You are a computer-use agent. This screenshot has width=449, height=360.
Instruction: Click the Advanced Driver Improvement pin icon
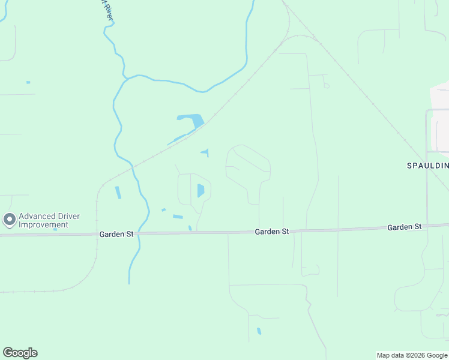point(9,220)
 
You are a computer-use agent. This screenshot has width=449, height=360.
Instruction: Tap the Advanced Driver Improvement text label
point(49,220)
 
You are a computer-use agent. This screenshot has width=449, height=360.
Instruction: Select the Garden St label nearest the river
point(117,234)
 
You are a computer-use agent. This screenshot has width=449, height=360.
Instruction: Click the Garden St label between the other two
point(272,231)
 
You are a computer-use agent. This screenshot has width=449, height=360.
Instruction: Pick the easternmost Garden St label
point(405,227)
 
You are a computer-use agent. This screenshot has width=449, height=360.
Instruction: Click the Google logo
point(20,353)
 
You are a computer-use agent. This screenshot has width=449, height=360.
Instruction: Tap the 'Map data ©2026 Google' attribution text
point(412,355)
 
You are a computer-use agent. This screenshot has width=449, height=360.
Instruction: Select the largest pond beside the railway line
point(193,120)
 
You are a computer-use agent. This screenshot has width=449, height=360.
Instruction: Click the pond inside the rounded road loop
point(200,191)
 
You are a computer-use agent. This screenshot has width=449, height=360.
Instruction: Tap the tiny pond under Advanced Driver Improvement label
point(55,229)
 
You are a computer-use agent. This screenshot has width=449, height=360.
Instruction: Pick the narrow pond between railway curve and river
point(118,192)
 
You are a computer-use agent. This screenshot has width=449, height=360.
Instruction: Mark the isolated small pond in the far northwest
point(28,82)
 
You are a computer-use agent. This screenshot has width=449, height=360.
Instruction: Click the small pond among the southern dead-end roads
point(259,331)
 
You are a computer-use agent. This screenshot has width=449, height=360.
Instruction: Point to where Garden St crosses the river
point(138,233)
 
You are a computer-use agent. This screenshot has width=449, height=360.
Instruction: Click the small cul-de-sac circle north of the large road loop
point(326,86)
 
